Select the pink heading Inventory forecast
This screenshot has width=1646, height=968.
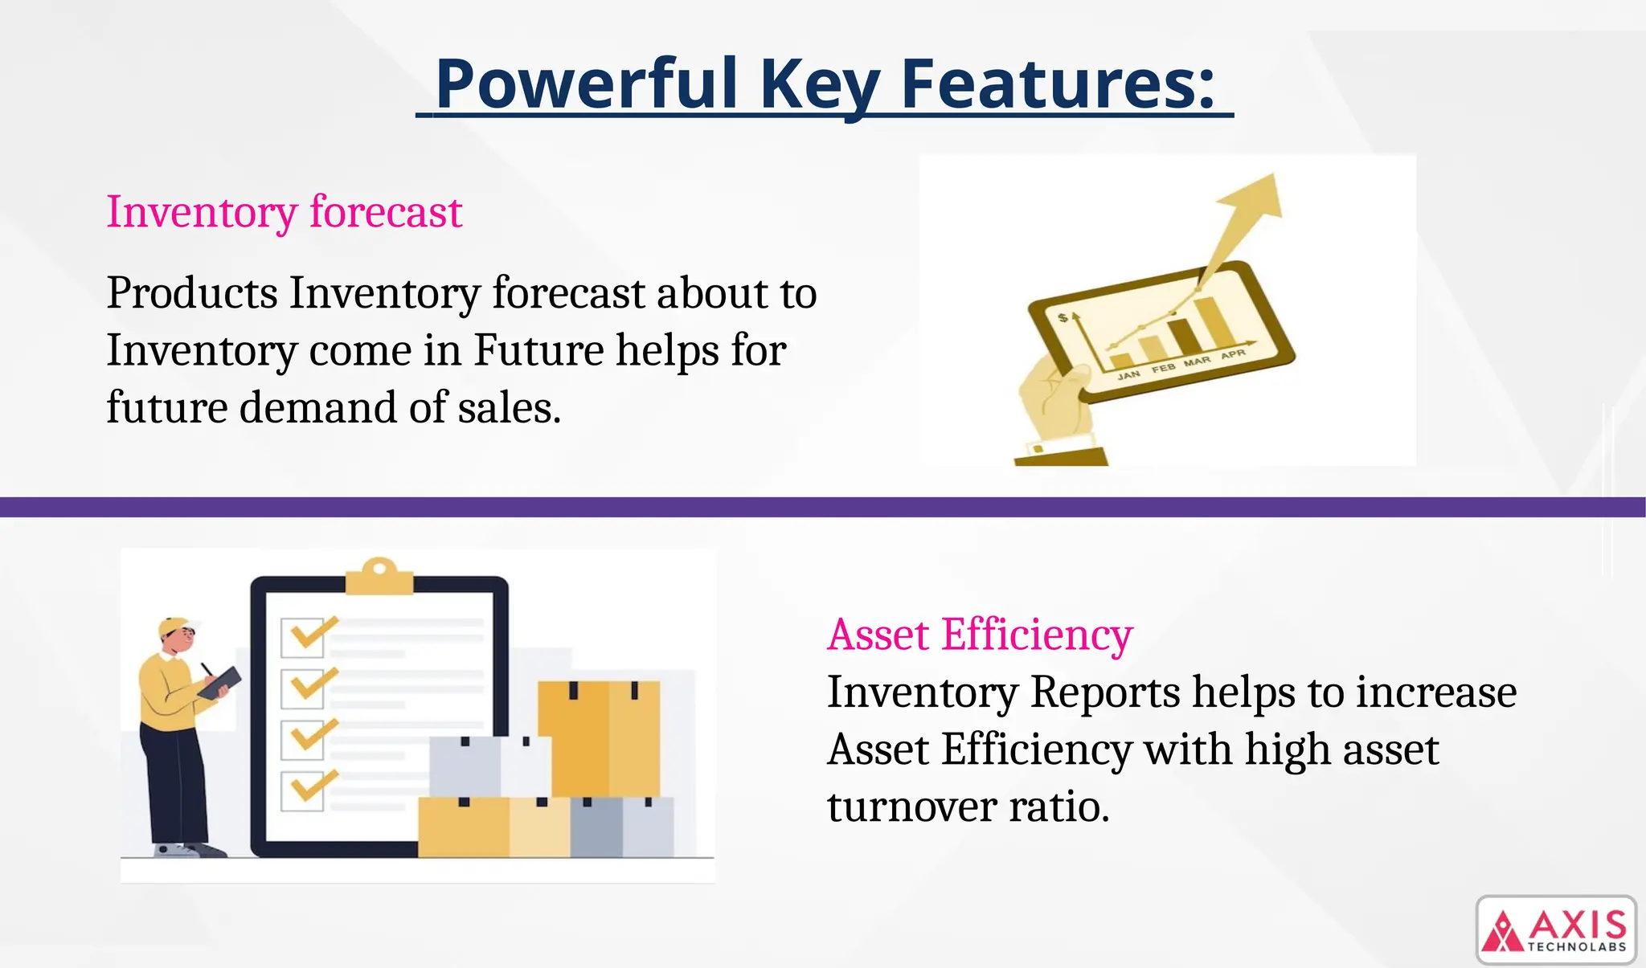click(x=284, y=212)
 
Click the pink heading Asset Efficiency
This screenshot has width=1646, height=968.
click(x=980, y=635)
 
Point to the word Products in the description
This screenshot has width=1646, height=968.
click(x=192, y=292)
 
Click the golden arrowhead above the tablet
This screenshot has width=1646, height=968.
click(x=1254, y=201)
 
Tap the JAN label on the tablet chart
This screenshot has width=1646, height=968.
click(x=1128, y=375)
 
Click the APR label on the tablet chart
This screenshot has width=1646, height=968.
click(x=1232, y=354)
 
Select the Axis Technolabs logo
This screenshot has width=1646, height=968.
click(x=1556, y=929)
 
